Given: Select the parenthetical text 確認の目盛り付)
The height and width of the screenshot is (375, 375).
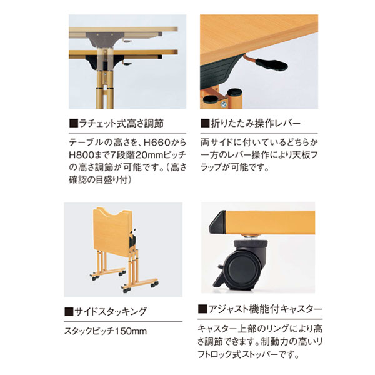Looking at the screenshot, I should point(103,181).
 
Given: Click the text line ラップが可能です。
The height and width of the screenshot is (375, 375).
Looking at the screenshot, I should point(235,168).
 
